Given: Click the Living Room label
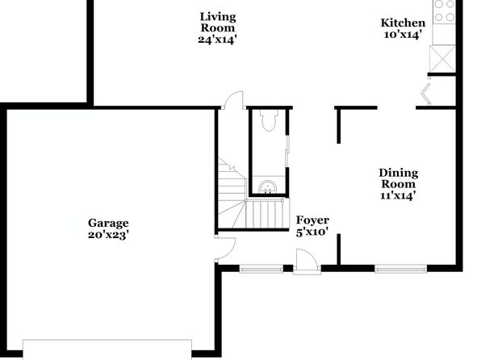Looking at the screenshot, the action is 218,22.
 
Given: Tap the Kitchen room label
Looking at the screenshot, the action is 403,23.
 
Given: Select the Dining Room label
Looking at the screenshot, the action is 398,178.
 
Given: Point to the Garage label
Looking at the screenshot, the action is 108,223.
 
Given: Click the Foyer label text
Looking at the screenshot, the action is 312,220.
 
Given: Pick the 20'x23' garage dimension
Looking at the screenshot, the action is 108,235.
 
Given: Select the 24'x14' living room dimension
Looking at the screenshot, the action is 217,40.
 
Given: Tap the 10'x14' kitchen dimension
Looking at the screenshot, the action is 402,35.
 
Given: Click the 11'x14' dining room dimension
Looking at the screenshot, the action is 398,195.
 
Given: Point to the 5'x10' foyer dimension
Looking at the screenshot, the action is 312,232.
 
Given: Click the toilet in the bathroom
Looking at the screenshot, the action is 269,120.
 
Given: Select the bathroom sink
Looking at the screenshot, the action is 268,187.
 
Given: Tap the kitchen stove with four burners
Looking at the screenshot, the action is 444,12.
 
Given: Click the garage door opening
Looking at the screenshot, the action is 107,350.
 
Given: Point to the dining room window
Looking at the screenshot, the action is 400,269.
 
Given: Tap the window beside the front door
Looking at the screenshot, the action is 261,269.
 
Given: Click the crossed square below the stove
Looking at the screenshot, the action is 442,59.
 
